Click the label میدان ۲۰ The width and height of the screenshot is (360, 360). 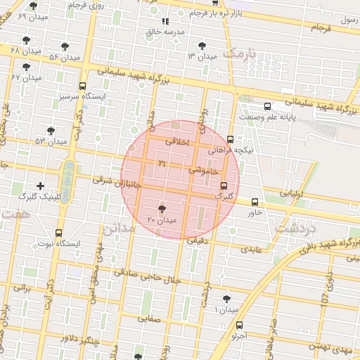162,221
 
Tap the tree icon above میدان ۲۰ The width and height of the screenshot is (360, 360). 162,209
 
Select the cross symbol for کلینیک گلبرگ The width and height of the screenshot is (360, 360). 40,186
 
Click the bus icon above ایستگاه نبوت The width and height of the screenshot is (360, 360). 58,232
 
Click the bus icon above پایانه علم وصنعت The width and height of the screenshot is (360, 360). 267,106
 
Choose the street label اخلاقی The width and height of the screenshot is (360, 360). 177,141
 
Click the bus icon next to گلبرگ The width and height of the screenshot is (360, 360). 224,186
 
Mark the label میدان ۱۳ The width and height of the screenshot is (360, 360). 201,56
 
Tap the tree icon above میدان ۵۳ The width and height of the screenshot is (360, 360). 51,130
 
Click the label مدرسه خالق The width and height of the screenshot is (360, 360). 165,32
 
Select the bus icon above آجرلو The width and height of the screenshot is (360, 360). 240,325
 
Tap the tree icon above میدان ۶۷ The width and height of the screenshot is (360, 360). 27,67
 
